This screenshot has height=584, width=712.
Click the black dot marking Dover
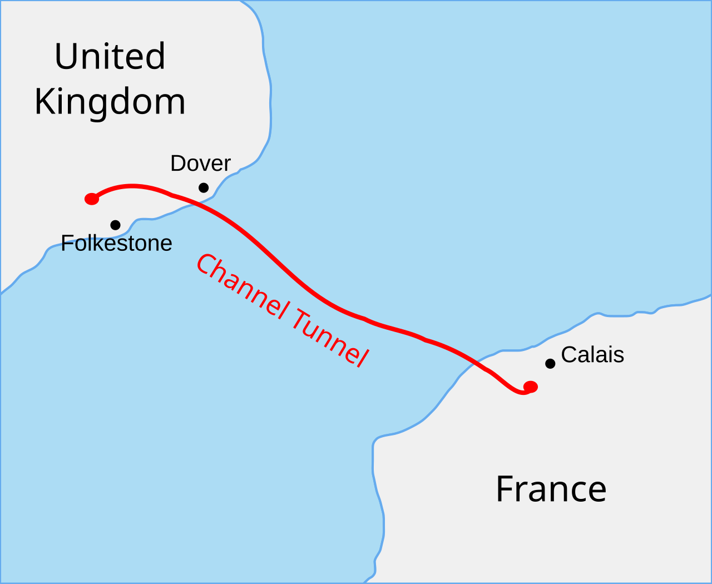204,187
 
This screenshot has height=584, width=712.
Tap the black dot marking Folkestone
115,225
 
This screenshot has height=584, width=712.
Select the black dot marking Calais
550,363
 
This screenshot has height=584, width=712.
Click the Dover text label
200,164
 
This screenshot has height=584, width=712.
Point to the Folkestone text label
116,244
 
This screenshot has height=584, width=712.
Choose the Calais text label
592,355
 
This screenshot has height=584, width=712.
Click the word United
110,56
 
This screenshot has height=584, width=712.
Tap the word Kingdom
110,102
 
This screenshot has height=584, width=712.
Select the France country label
551,489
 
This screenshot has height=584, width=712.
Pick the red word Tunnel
329,338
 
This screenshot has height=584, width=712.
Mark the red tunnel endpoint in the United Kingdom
92,199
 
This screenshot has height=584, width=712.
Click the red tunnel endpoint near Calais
530,387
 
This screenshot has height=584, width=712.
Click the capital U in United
66,56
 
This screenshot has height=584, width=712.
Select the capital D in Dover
177,164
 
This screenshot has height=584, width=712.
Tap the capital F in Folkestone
67,244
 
